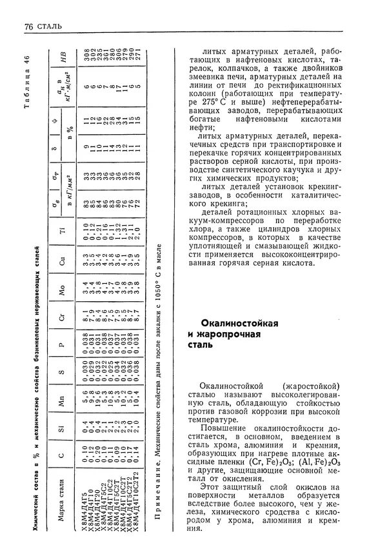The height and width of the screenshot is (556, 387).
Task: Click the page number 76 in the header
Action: (x=27, y=26)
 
